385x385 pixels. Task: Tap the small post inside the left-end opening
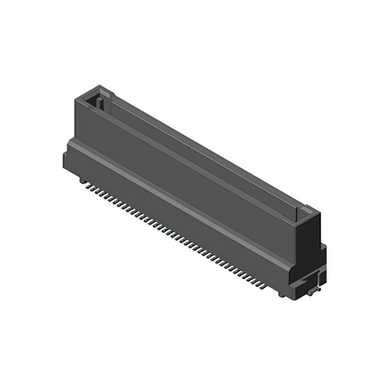100,106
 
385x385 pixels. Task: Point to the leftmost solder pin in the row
88,186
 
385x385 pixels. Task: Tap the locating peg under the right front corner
282,294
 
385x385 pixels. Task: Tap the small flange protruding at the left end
64,159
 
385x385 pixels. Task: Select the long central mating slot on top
199,153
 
